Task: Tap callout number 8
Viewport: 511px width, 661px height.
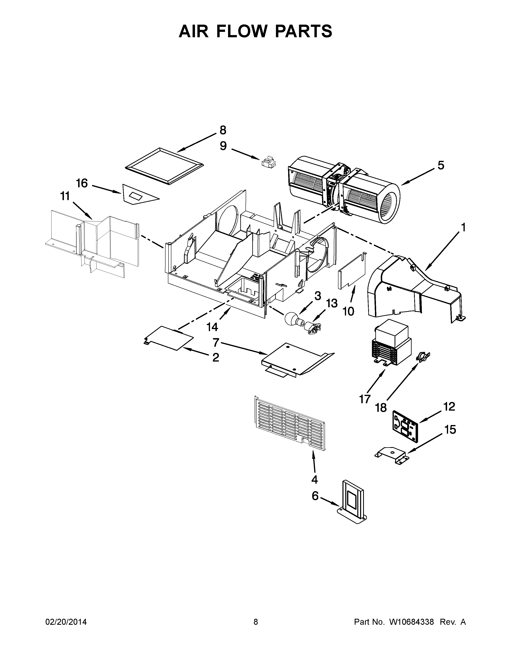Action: click(222, 130)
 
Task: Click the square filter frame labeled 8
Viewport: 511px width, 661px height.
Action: click(164, 166)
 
